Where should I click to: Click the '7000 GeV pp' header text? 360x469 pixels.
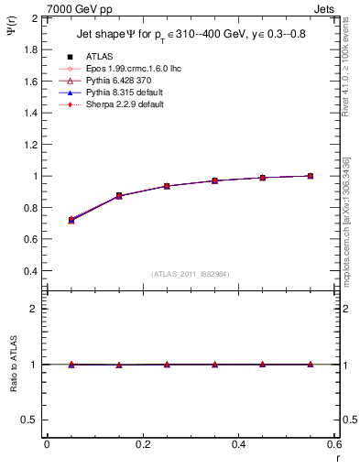(x=75, y=8)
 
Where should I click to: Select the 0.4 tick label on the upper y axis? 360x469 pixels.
(x=29, y=271)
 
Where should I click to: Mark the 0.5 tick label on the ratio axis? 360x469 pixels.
(x=29, y=420)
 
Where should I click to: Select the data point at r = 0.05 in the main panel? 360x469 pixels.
(x=71, y=220)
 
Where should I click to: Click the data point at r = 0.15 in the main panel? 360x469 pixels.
(x=119, y=196)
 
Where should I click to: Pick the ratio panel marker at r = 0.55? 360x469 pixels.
(x=311, y=365)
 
